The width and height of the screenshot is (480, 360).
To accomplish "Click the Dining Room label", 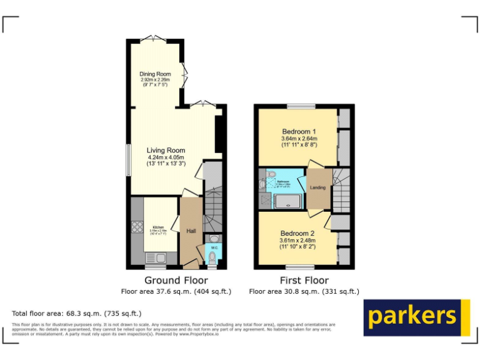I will coord(155,74).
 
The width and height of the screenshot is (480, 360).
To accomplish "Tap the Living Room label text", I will coord(166,151).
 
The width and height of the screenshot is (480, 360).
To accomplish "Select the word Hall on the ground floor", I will coord(192,231).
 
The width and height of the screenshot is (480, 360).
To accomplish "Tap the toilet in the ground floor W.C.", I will coord(213,257).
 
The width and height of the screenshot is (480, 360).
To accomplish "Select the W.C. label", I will coord(214,247).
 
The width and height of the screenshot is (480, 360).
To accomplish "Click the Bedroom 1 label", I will coord(299,132).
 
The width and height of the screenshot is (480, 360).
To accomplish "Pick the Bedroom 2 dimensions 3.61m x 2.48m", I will coord(297,241).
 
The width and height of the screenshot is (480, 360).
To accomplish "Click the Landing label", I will coord(317,187).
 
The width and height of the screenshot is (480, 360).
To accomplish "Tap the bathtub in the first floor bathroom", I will coord(289,201).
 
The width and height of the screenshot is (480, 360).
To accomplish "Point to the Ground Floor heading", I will coord(176,281).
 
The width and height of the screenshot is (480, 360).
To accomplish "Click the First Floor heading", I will coord(304,281).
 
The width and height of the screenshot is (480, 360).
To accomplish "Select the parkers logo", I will coord(416,317).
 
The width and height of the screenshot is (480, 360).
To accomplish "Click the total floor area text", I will coord(77,313).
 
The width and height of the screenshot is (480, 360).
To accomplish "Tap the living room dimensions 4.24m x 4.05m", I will coord(166,158).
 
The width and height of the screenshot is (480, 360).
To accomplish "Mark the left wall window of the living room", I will coord(128,160).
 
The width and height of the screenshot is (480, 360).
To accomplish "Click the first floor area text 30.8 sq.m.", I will coord(304,291).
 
